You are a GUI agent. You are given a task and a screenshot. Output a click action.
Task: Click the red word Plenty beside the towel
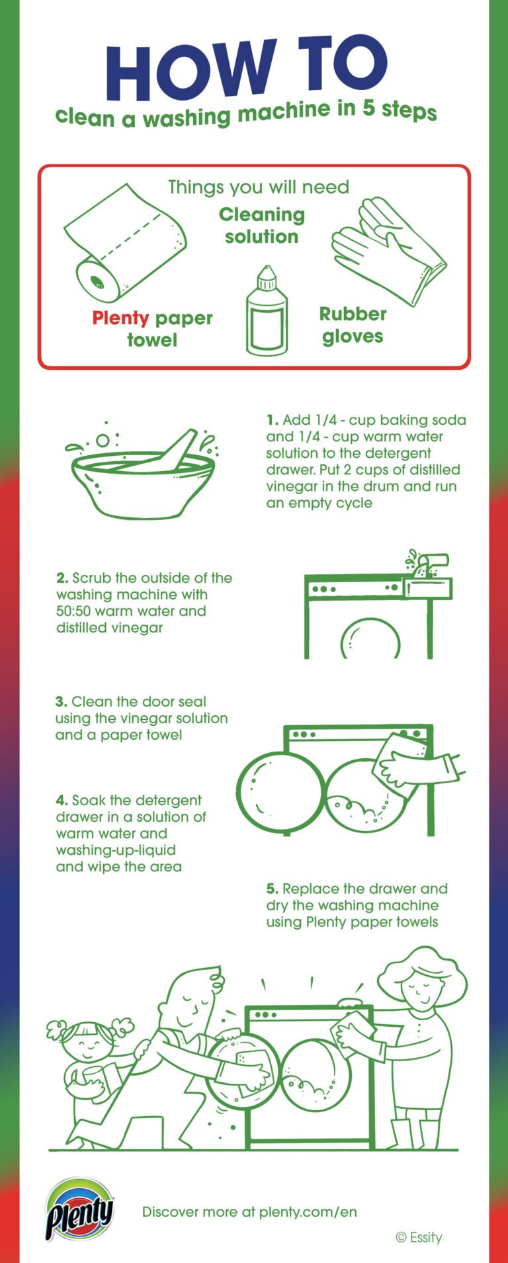tap(120, 318)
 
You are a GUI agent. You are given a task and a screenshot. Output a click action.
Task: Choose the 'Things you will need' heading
tap(258, 187)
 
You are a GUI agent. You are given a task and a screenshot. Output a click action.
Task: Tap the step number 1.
tap(272, 420)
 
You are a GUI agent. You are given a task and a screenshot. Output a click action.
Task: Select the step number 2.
tap(62, 578)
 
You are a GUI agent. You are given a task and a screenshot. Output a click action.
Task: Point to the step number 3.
tap(62, 702)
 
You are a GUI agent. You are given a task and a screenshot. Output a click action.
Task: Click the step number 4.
tap(62, 801)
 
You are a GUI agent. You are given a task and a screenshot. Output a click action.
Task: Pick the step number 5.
tap(272, 889)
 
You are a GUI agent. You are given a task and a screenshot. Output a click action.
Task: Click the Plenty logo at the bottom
tap(79, 1210)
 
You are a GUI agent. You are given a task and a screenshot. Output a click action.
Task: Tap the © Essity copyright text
tap(418, 1237)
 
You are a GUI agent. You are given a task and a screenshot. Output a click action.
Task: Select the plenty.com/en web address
tap(308, 1212)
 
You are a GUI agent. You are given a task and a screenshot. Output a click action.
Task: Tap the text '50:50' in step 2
tap(73, 611)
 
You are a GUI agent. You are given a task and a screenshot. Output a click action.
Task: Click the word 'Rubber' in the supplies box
tap(353, 314)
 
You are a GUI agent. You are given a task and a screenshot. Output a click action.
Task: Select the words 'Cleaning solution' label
tap(262, 226)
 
